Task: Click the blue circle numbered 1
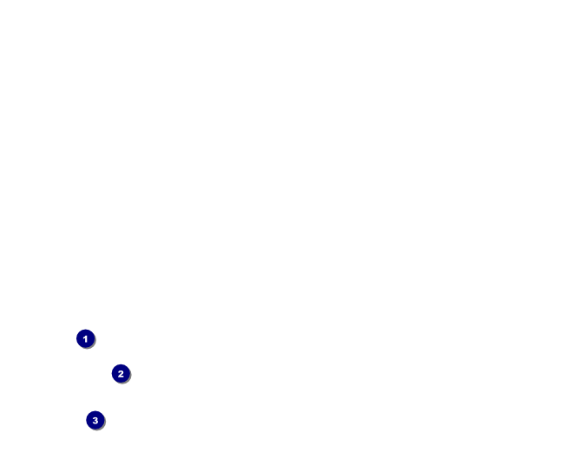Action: click(x=85, y=338)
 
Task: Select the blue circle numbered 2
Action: click(x=121, y=374)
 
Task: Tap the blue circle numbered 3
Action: click(x=95, y=420)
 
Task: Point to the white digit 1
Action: click(x=85, y=338)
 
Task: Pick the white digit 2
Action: click(x=121, y=374)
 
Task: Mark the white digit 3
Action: click(x=95, y=420)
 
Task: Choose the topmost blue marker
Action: click(x=85, y=338)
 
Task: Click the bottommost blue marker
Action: click(x=95, y=420)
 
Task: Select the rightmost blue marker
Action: click(x=121, y=374)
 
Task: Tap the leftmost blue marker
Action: click(x=85, y=338)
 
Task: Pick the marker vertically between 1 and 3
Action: click(x=121, y=374)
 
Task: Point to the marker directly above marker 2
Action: click(x=85, y=338)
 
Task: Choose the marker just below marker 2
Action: click(x=95, y=420)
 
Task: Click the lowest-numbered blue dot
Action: click(x=85, y=338)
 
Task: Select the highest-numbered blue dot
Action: click(x=95, y=420)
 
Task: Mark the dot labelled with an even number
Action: click(x=121, y=374)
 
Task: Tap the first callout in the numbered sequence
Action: click(x=85, y=338)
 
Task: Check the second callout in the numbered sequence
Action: click(x=121, y=374)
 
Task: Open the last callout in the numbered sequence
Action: click(x=95, y=420)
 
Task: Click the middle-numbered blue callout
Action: click(x=121, y=374)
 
